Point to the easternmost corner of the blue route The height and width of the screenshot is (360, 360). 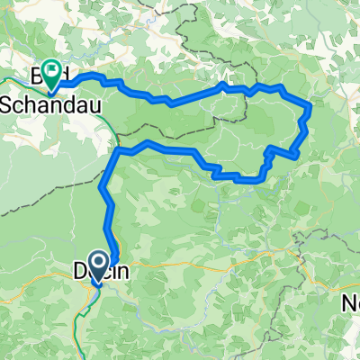(x=310, y=106)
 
